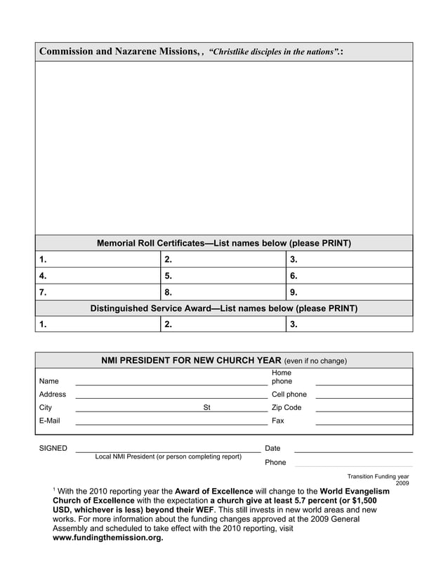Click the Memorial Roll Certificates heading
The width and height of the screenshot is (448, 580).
223,244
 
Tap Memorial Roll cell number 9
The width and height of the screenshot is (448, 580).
350,292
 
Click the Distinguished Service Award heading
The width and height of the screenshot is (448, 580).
223,308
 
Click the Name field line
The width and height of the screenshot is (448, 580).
171,383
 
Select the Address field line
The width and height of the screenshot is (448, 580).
171,397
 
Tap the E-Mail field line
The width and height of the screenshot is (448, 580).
171,423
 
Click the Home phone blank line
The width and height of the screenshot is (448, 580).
363,383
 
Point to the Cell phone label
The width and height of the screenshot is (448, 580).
289,395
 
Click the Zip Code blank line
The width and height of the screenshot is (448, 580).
363,410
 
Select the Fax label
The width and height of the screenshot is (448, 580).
277,421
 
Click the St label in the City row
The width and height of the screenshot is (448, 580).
206,407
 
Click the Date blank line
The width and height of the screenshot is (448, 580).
353,451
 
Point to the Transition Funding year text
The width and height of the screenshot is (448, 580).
378,476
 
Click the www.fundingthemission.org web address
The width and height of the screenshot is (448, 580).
108,538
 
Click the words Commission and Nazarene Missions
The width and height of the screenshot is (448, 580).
118,52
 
